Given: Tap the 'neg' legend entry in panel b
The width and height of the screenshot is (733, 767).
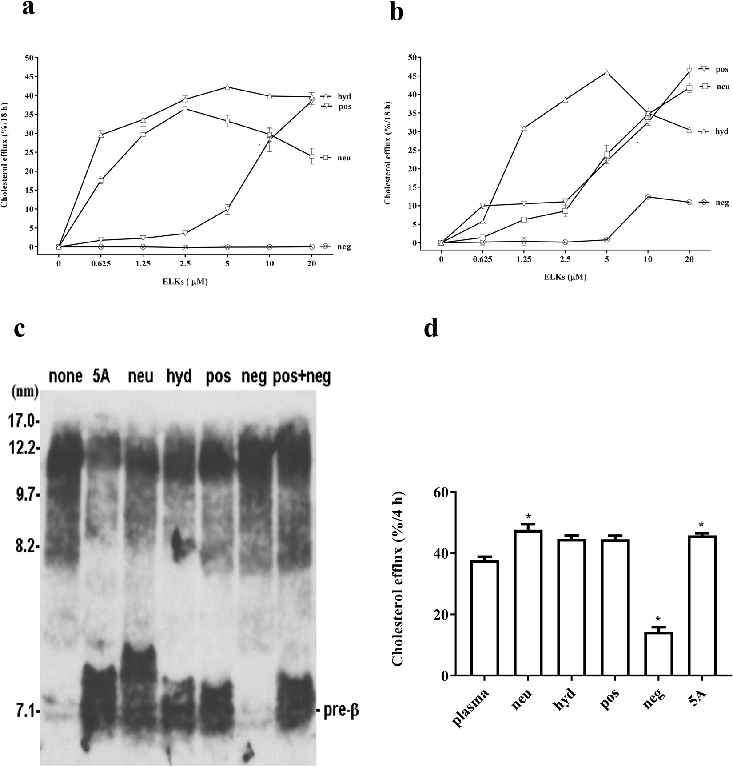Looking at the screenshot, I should pos(722,202).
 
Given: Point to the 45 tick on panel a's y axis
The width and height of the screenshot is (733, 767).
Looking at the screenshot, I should pos(29,76).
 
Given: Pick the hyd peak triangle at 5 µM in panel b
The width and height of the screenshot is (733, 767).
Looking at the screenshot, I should pos(606,72).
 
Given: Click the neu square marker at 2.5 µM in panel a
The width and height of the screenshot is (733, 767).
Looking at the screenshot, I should pos(185,109).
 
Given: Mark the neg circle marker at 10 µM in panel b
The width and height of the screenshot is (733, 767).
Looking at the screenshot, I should pos(648,197).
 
